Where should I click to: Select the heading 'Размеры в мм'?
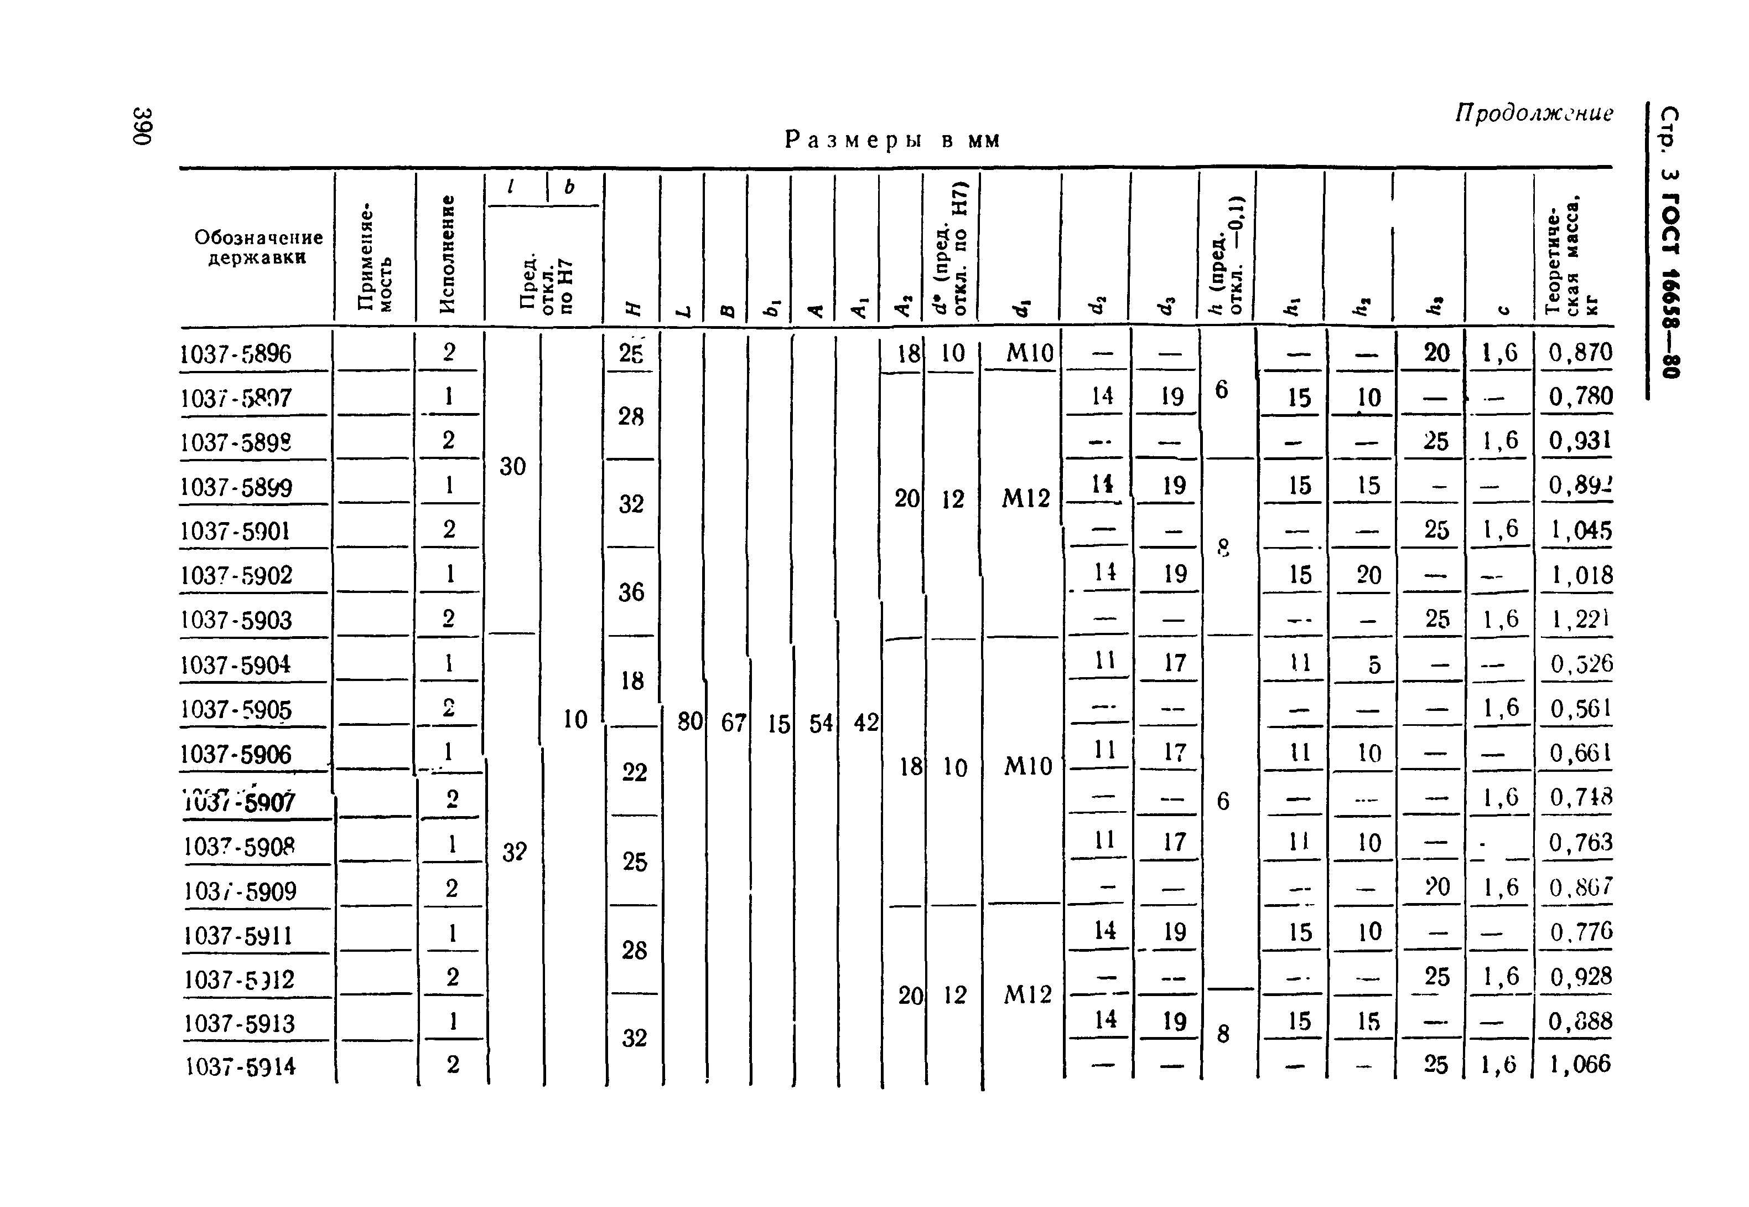click(892, 141)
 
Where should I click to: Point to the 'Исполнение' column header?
click(448, 254)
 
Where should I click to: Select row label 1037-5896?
click(235, 354)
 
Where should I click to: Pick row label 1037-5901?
click(235, 531)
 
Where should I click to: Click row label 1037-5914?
click(240, 1066)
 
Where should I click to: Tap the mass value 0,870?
click(1580, 353)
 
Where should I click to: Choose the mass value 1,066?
click(1580, 1065)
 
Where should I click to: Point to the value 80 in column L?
click(689, 722)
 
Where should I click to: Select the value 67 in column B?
click(733, 724)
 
